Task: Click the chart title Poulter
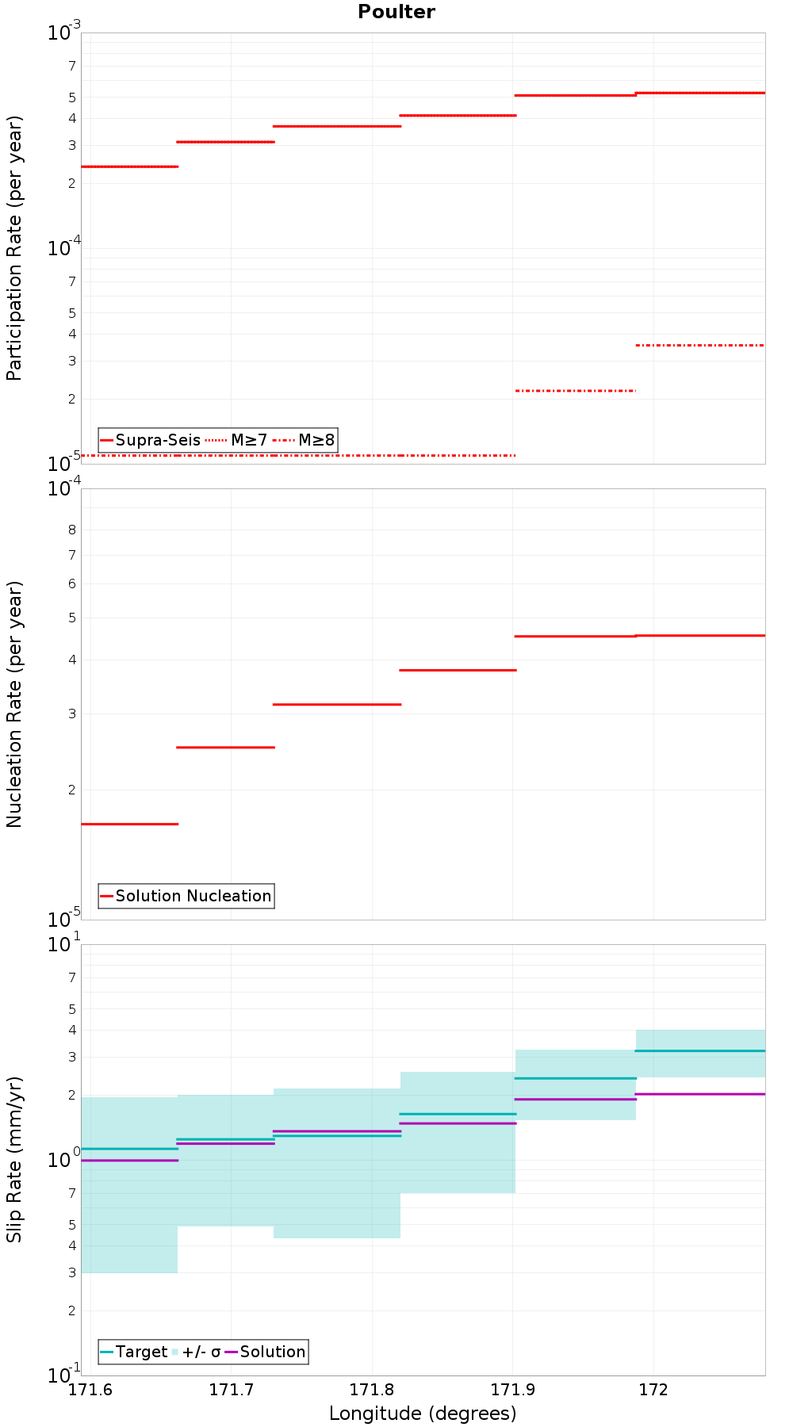pos(396,12)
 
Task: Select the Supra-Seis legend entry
pos(151,440)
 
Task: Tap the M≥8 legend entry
pos(305,440)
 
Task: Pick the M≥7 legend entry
pos(237,440)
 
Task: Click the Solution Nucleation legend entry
pos(186,896)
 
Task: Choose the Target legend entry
pos(134,1352)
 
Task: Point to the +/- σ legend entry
pos(196,1352)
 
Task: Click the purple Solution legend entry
pos(266,1352)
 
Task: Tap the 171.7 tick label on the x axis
pos(231,1390)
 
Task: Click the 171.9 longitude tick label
pos(513,1390)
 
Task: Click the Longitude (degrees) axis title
pos(423,1414)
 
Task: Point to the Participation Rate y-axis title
pos(14,248)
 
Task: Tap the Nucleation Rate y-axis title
pos(14,705)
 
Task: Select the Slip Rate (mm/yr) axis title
pos(14,1160)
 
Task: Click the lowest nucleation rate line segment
pos(129,824)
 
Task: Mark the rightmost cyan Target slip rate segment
pos(700,1050)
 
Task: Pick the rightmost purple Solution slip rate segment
pos(700,1094)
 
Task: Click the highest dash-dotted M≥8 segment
pos(700,345)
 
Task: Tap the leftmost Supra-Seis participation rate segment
pos(129,166)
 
